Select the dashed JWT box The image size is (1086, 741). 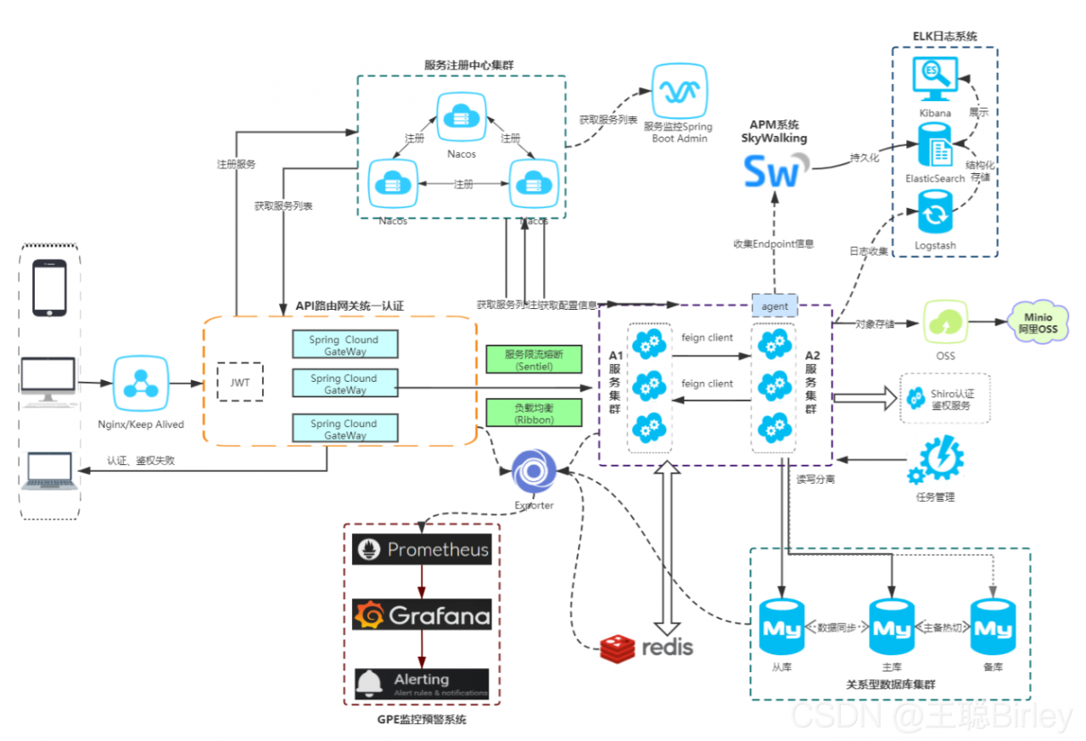point(240,382)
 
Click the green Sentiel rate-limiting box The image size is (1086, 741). point(534,359)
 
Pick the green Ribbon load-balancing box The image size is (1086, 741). point(534,413)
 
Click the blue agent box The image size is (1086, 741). point(775,306)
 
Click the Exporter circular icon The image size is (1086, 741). point(534,473)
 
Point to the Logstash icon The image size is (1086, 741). point(935,212)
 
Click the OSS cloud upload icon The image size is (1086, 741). point(945,323)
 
